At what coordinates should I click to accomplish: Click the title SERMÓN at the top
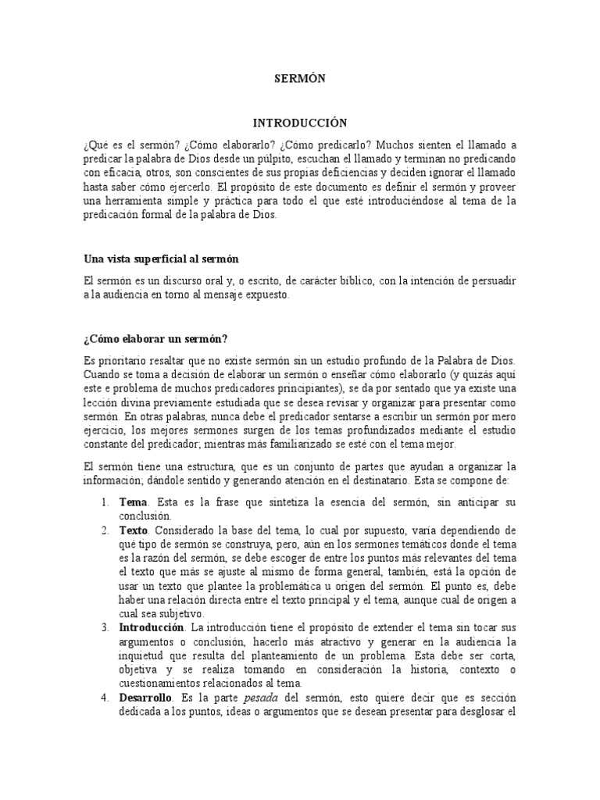click(299, 78)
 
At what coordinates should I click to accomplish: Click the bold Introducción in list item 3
click(152, 627)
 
